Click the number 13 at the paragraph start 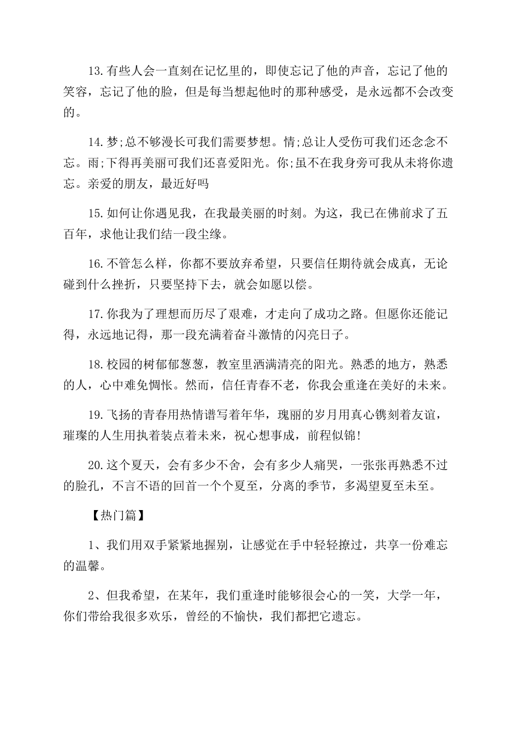[x=95, y=70]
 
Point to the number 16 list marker [x=95, y=264]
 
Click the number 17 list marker [x=95, y=314]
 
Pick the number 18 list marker [x=95, y=364]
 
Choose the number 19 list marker [x=95, y=415]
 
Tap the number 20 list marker [x=95, y=465]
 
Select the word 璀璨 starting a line [x=75, y=435]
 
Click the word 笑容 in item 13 [x=75, y=92]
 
